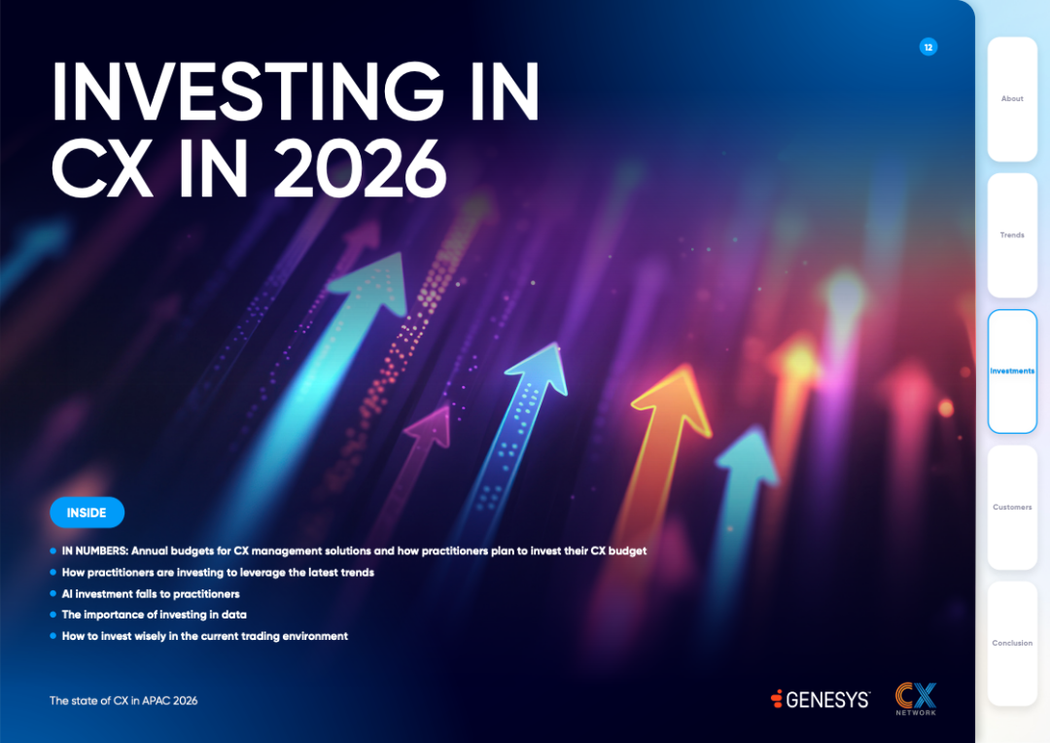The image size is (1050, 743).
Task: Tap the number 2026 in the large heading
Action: coord(360,169)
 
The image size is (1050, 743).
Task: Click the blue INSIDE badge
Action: coord(87,513)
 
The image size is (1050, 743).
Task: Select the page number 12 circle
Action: coord(928,47)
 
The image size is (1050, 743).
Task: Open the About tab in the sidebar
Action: coord(1012,98)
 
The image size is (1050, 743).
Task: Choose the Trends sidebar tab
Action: coord(1012,235)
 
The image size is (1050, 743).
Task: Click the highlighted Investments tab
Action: coord(1012,371)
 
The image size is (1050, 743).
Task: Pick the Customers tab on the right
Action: coord(1012,508)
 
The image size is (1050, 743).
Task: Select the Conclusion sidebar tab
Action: coord(1012,643)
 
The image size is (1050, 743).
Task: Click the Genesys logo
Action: coord(821,699)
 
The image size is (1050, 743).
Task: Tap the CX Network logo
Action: coord(916,699)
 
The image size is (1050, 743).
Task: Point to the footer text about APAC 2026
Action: coord(123,701)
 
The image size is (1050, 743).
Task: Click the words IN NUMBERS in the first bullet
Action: coord(94,550)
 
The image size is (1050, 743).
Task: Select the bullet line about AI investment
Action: coord(151,593)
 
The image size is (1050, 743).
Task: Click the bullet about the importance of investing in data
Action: coord(154,615)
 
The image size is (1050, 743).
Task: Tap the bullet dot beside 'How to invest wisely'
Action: coord(52,636)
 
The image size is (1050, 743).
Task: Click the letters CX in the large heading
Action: coord(101,169)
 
